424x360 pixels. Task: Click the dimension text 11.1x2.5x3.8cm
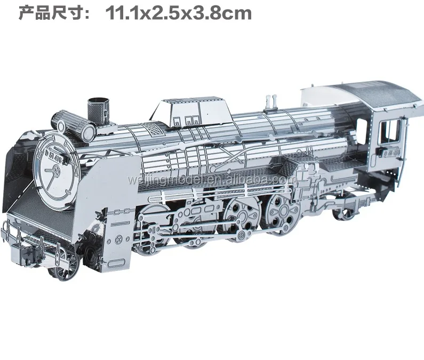click(x=179, y=12)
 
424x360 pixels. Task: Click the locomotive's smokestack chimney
click(x=95, y=106)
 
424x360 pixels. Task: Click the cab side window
click(x=392, y=131)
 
